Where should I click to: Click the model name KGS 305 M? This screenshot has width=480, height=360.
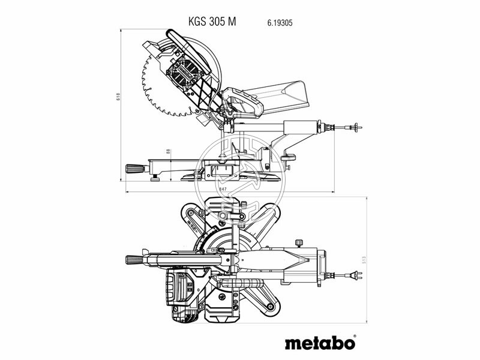click(212, 21)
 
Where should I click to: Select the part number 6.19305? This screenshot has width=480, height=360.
click(280, 22)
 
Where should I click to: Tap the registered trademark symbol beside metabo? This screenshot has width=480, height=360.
click(354, 336)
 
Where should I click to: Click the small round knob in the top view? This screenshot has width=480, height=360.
click(297, 242)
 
